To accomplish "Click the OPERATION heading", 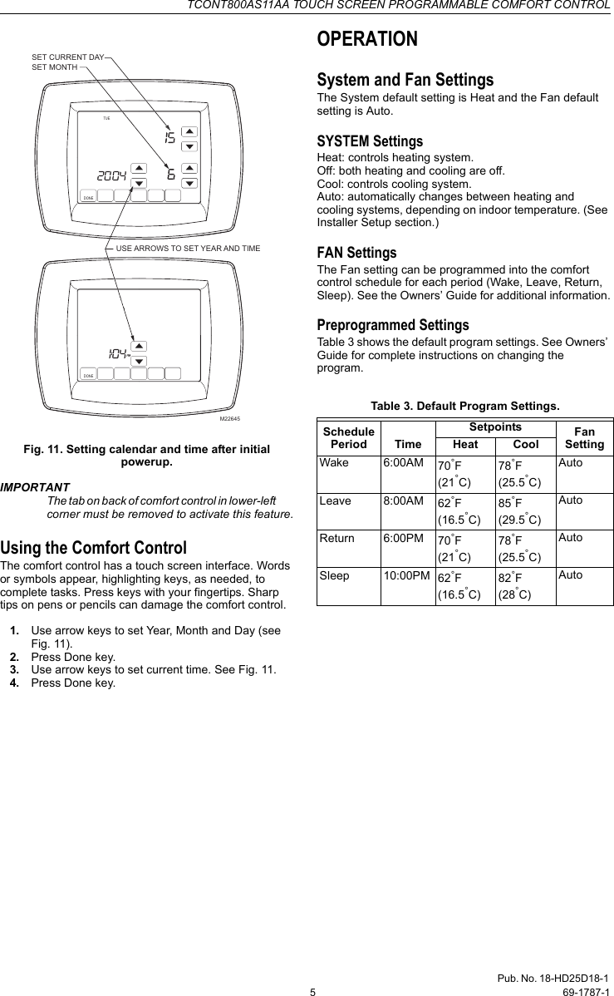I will tap(367, 39).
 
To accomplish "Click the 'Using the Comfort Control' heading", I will tap(93, 548).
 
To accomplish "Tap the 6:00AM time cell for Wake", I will tap(402, 463).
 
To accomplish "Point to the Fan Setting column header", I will tap(584, 438).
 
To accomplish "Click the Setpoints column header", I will tap(495, 427).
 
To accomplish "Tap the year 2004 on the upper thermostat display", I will tap(111, 176).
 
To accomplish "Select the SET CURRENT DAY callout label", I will tap(67, 57).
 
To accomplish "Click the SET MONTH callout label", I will tap(55, 66).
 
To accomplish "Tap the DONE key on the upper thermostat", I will tap(89, 197).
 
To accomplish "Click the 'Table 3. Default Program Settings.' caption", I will tap(464, 406).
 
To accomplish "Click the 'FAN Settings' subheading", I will tap(356, 252).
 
